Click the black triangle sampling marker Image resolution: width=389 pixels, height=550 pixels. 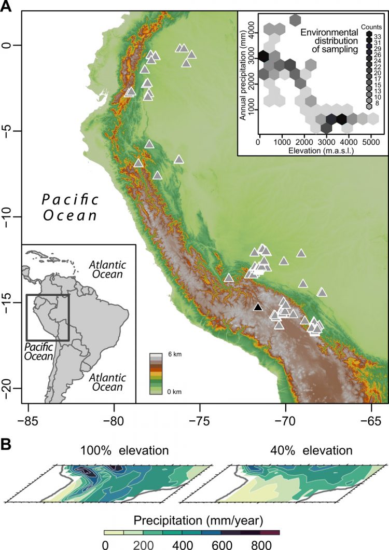point(258,307)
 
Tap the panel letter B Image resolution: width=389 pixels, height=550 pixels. point(7,430)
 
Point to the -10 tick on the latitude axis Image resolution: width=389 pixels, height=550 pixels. point(10,217)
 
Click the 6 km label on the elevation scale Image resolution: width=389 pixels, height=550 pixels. point(174,355)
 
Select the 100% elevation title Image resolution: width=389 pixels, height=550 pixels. point(124,450)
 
